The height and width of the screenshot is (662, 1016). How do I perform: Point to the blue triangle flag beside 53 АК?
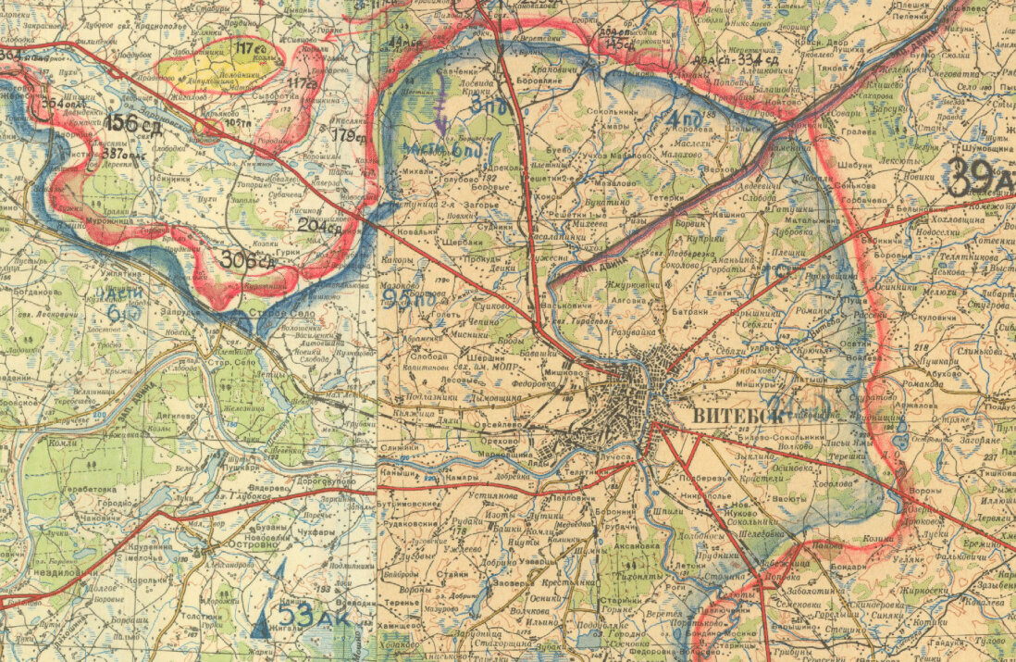tap(263, 618)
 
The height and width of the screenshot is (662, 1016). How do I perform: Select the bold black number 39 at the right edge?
tap(972, 175)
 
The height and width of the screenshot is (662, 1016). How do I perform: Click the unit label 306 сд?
tap(247, 261)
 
